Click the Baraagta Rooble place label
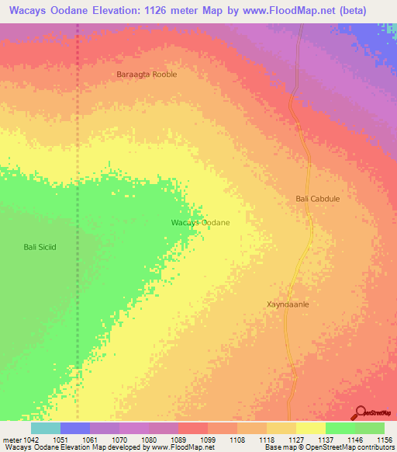(146, 75)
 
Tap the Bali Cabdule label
(318, 199)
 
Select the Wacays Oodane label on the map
(200, 223)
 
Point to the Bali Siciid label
(40, 247)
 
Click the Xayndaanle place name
(288, 304)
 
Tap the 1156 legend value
(384, 439)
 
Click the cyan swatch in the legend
(46, 428)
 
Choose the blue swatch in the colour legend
(75, 428)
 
